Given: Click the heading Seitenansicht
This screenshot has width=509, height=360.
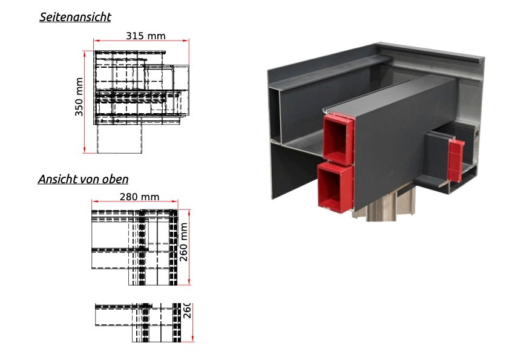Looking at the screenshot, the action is click(75, 17).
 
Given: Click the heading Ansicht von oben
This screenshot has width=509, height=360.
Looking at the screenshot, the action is click(83, 179).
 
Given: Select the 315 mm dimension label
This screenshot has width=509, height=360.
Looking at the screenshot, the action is click(146, 36).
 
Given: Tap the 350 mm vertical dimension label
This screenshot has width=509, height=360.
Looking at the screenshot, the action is click(79, 97).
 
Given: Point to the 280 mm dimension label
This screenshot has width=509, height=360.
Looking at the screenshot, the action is click(140, 197).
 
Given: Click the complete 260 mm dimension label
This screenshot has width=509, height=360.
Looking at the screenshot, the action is click(184, 242).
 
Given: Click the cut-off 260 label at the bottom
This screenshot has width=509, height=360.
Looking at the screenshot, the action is click(188, 310).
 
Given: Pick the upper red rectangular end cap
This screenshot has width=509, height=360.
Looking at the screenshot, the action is click(338, 139).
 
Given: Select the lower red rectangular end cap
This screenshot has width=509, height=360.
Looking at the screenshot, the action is click(335, 188).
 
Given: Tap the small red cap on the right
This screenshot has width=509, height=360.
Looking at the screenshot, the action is click(456, 160).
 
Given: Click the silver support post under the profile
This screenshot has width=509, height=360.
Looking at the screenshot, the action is click(383, 205).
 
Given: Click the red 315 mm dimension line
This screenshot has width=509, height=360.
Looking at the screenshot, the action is click(141, 41).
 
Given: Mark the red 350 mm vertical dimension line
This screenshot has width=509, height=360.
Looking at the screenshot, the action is click(84, 102).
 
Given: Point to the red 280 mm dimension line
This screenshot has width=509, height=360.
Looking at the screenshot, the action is click(135, 201).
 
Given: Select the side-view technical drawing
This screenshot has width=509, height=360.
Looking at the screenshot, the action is click(141, 102).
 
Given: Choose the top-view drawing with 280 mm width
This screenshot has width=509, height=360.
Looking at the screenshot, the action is click(135, 247).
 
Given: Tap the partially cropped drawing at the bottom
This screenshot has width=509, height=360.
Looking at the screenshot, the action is click(138, 322).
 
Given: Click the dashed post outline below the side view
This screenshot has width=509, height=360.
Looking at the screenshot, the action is click(119, 139).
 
